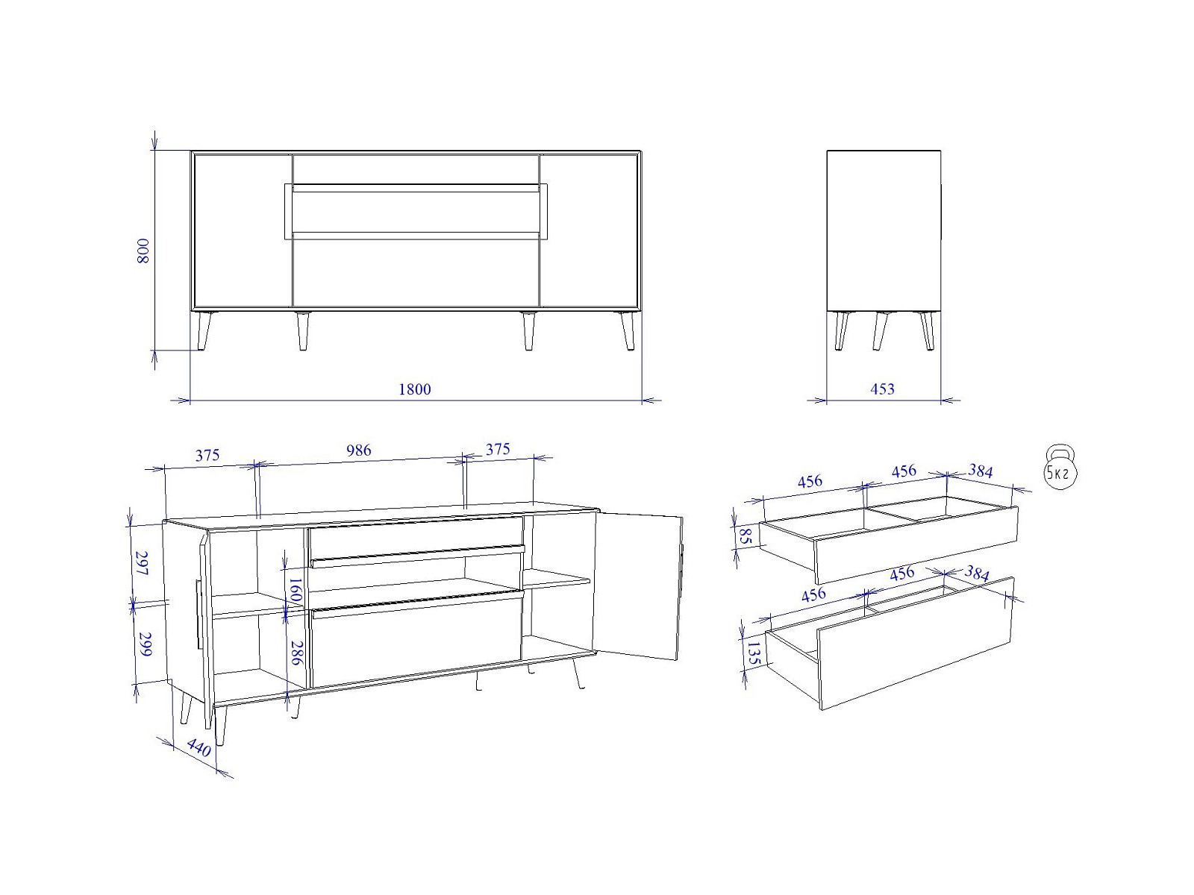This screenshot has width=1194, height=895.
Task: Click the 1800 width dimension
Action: pyautogui.click(x=414, y=389)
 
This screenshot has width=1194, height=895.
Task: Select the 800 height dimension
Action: pyautogui.click(x=143, y=251)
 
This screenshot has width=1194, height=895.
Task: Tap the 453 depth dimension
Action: pyautogui.click(x=882, y=389)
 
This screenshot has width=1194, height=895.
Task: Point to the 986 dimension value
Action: pyautogui.click(x=358, y=450)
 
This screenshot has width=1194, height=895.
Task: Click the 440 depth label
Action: pyautogui.click(x=199, y=748)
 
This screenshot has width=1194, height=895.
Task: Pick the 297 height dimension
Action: pyautogui.click(x=142, y=564)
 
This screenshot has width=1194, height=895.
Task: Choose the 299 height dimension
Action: pyautogui.click(x=145, y=644)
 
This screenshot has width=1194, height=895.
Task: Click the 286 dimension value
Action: pyautogui.click(x=296, y=653)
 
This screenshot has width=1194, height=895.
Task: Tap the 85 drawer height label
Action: pyautogui.click(x=745, y=537)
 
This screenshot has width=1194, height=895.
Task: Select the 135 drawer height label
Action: pyautogui.click(x=753, y=653)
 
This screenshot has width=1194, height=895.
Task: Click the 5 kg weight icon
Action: pyautogui.click(x=1060, y=468)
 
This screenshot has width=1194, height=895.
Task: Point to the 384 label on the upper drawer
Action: pyautogui.click(x=981, y=471)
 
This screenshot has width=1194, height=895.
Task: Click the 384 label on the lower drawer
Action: pyautogui.click(x=977, y=574)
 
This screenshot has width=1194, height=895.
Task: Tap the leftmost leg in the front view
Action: pyautogui.click(x=204, y=330)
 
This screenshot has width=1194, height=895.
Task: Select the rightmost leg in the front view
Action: pyautogui.click(x=627, y=330)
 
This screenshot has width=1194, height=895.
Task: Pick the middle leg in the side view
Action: pyautogui.click(x=880, y=330)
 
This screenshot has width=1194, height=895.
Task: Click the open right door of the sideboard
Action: pyautogui.click(x=639, y=586)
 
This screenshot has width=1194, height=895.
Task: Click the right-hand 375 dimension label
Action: pyautogui.click(x=498, y=450)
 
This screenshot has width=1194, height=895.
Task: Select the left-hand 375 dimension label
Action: pyautogui.click(x=207, y=455)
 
